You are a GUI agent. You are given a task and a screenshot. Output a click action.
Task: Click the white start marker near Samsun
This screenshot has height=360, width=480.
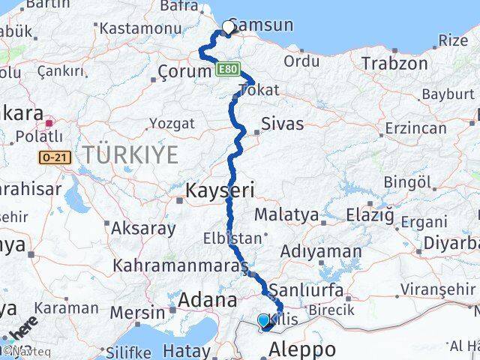coord(228,28)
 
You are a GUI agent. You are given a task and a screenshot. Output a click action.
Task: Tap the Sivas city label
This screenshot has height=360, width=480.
coord(282,124)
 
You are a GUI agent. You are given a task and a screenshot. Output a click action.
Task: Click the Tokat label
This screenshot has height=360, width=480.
coord(258,91)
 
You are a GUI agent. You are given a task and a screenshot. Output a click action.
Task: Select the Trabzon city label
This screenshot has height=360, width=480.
coord(394,64)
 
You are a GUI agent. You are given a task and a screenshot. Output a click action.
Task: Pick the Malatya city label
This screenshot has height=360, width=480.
coord(286,215)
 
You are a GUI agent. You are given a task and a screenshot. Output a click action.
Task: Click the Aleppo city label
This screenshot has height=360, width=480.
coord(302,349)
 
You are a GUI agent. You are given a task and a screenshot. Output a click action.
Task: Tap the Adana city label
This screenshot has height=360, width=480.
coord(207,301)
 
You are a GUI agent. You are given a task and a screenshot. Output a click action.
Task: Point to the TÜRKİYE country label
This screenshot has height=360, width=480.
coord(130,155)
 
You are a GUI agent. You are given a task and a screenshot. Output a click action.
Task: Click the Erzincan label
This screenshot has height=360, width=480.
coord(415,128)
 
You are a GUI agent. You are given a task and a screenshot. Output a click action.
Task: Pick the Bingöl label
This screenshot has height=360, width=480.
coord(408,182)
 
